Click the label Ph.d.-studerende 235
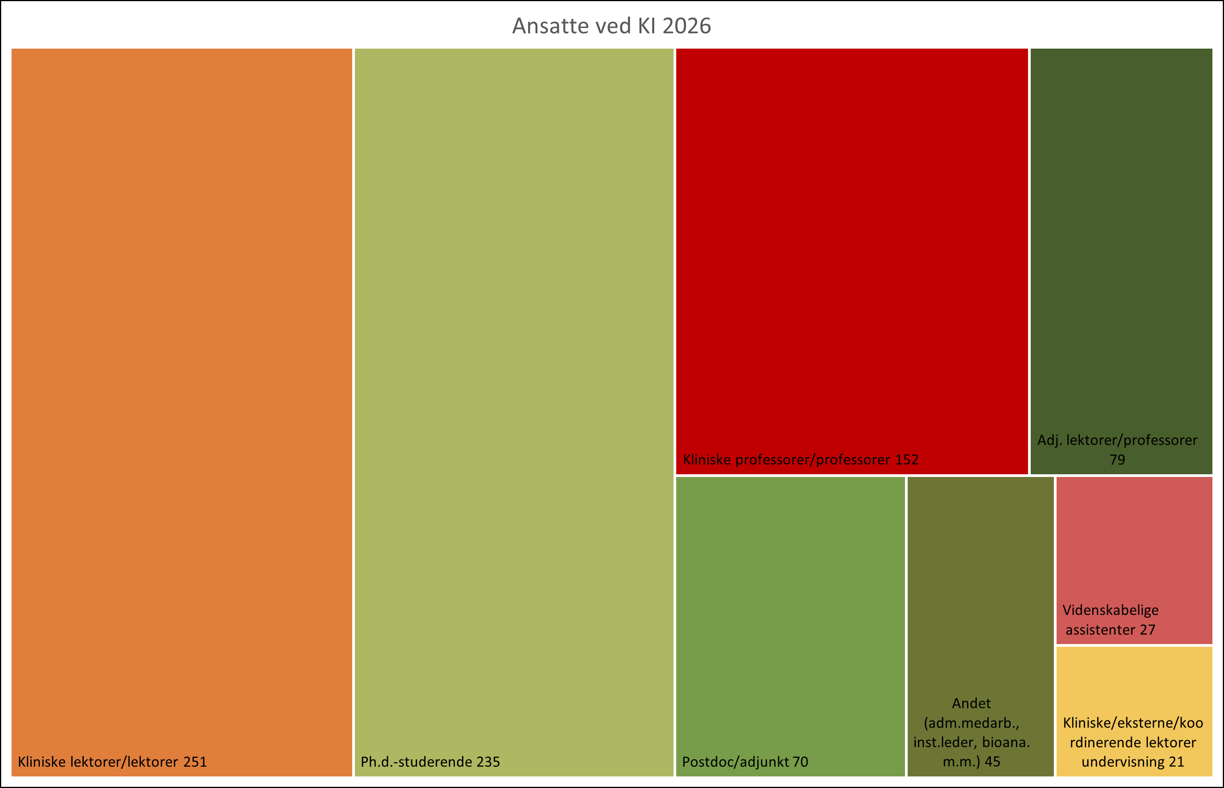[x=430, y=762]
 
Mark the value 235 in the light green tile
[x=488, y=762]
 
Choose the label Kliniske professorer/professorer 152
[x=800, y=460]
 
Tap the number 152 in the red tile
[x=907, y=460]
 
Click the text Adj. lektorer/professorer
[x=1117, y=440]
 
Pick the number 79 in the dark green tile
[x=1117, y=460]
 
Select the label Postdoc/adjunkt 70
[x=745, y=762]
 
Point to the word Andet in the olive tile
[x=971, y=703]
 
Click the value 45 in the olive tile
[x=992, y=762]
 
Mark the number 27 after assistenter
[x=1147, y=630]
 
